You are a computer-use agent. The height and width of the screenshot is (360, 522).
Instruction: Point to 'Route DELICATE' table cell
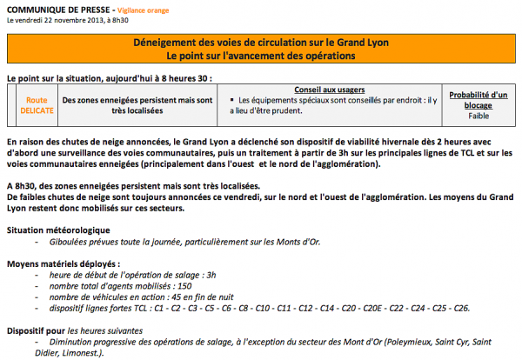37,105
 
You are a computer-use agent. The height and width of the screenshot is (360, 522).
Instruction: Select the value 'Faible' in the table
478,116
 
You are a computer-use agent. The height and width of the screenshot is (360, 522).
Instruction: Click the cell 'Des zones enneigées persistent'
138,106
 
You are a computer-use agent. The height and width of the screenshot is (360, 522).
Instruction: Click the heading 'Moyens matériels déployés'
63,263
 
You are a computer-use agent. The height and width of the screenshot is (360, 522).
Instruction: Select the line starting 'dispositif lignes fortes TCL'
260,308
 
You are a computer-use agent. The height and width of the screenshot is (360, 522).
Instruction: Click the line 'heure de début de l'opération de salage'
121,274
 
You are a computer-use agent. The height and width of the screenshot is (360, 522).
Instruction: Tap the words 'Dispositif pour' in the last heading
36,330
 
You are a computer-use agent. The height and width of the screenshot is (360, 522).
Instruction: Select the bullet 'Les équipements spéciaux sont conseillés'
335,101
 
